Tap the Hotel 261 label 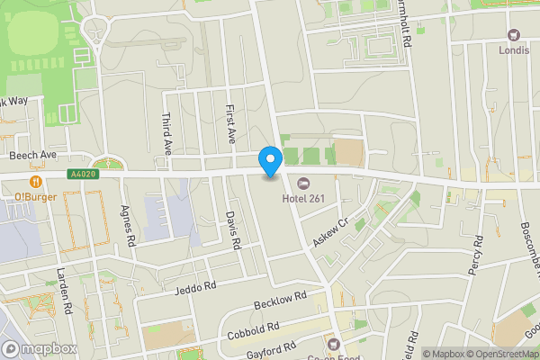pos(305,198)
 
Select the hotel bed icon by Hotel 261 pos(301,184)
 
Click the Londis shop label pos(514,50)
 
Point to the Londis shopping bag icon pos(514,35)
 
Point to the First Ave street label pos(230,123)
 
